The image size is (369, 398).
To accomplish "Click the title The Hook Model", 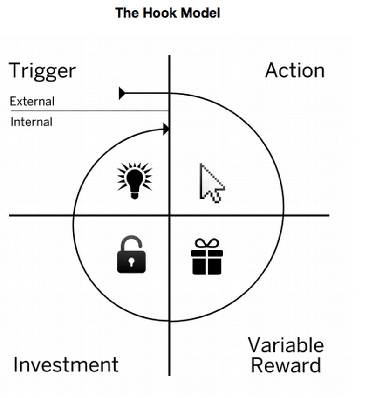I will point(167,13).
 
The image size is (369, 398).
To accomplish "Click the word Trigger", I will point(42,71).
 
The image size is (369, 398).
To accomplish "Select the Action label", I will point(294,71).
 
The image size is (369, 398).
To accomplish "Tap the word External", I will point(32,101).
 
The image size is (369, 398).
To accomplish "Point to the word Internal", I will point(31,122).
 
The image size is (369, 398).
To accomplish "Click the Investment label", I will point(66,364).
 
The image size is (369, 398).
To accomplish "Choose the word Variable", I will point(285,345).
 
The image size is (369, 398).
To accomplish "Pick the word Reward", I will point(286,365).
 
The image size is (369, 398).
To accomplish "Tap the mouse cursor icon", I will point(211,183).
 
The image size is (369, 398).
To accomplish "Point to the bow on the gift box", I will point(207,244).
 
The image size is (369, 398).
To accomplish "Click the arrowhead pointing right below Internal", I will point(165,129).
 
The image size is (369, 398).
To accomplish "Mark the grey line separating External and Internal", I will point(89,111).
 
